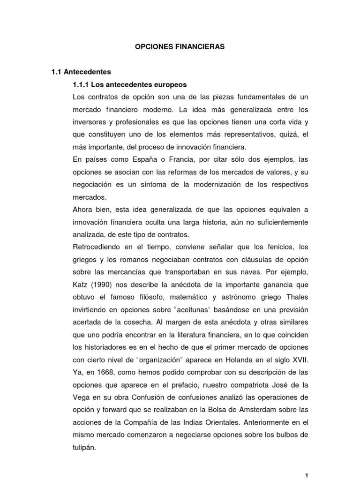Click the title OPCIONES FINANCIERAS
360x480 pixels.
click(x=180, y=47)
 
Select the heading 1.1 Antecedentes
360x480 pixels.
click(x=81, y=72)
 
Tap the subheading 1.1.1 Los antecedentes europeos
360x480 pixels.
click(x=130, y=85)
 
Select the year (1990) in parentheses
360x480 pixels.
click(x=106, y=284)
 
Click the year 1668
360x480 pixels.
click(x=102, y=372)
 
